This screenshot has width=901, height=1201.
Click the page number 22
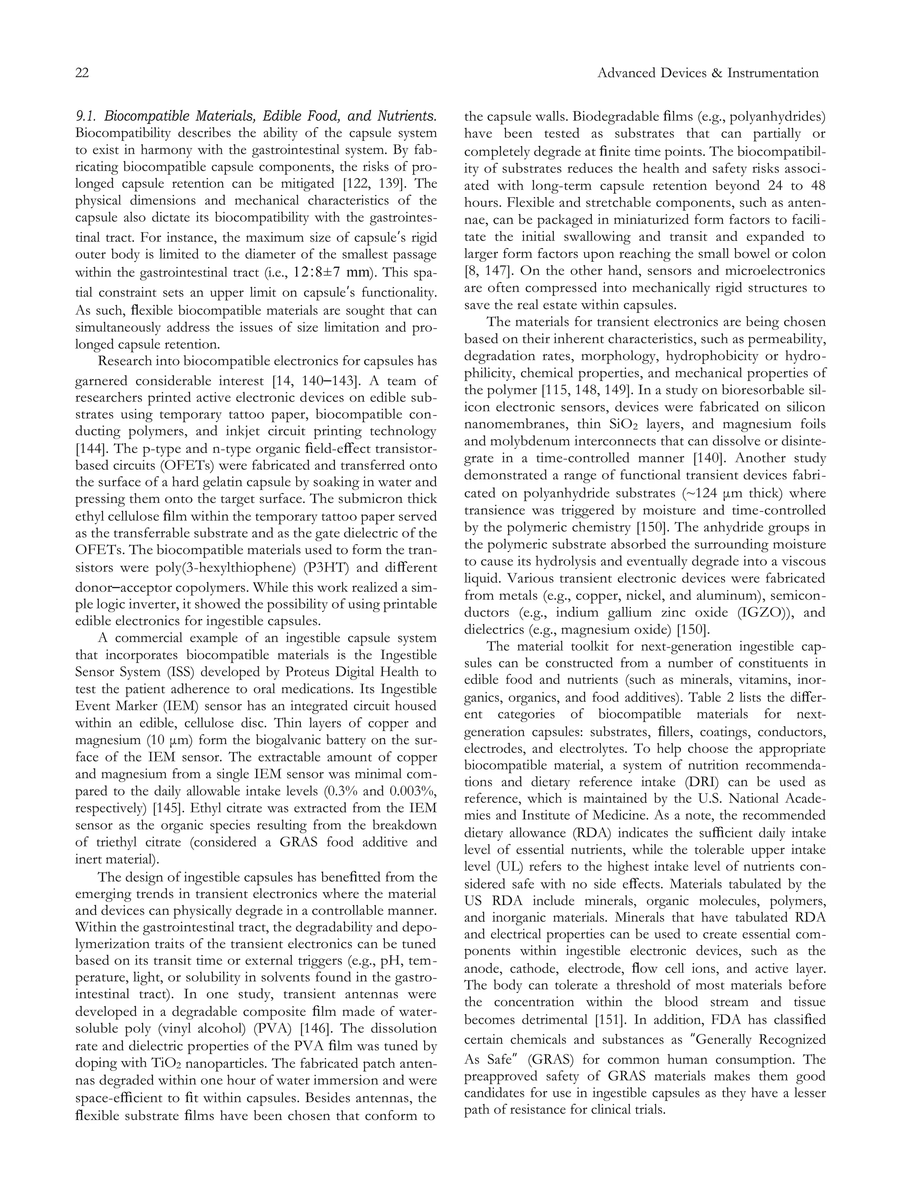click(x=82, y=73)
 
